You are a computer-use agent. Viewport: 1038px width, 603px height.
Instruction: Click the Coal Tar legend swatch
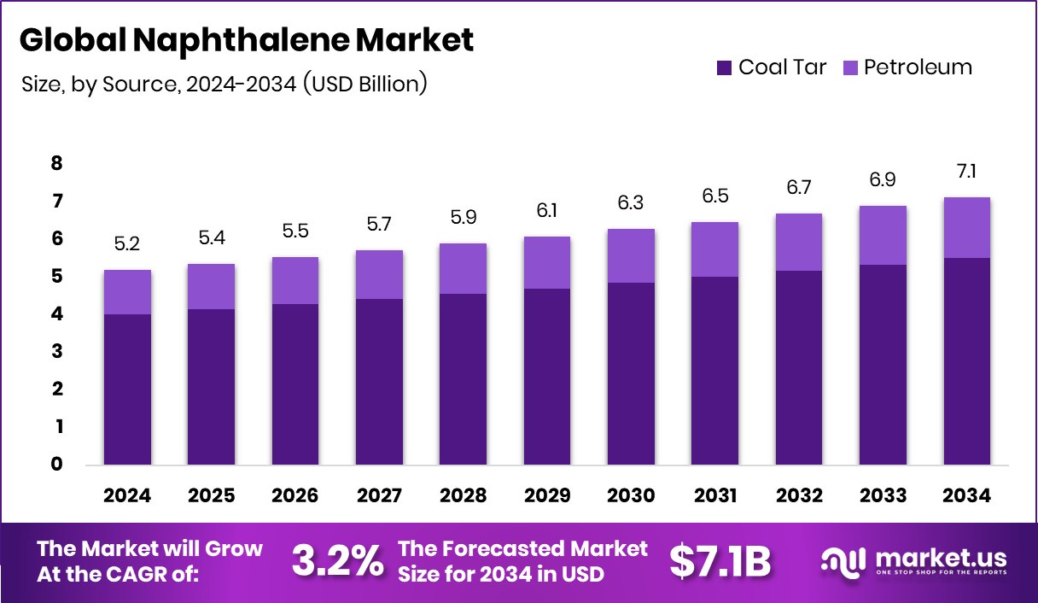coord(725,67)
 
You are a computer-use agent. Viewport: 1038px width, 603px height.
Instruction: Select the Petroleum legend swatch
coord(850,67)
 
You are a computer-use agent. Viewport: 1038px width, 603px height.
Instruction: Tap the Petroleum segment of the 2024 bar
coord(127,292)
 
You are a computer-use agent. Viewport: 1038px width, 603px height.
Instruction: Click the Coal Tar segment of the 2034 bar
coord(967,360)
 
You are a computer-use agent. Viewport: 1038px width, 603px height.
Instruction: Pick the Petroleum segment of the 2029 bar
coord(547,262)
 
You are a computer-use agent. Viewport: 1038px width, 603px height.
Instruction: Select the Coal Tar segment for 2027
coord(379,381)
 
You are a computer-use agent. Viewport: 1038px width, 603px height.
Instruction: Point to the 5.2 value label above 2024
coord(127,244)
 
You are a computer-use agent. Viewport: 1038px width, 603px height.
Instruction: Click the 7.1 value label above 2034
coord(967,172)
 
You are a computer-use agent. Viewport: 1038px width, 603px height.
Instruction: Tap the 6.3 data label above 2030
coord(631,203)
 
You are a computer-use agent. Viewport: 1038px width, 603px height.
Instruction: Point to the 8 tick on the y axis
coord(57,164)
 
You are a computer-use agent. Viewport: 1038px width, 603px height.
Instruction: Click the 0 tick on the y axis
coord(57,465)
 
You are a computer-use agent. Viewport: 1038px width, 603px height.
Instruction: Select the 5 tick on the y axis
coord(57,277)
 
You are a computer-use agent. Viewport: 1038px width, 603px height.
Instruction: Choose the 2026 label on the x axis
coord(295,496)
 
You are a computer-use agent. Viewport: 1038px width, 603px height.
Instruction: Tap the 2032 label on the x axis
coord(799,496)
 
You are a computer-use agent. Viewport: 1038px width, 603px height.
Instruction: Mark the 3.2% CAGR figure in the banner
coord(338,560)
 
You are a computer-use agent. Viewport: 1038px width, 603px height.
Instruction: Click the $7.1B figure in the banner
coord(720,560)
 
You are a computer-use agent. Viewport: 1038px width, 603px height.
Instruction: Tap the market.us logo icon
coord(844,560)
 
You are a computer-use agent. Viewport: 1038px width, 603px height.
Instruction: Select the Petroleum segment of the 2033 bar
coord(883,235)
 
